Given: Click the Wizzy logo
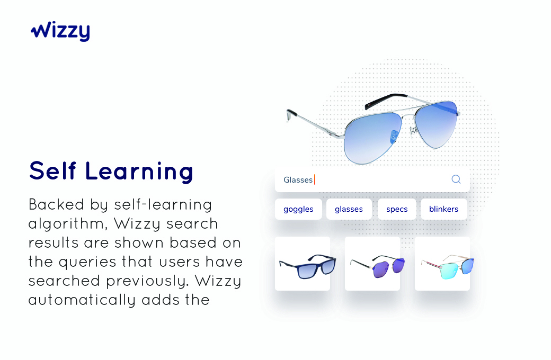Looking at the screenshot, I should (x=60, y=31).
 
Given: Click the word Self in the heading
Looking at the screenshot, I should (x=52, y=171).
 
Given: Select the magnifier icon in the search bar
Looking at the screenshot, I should (x=456, y=179).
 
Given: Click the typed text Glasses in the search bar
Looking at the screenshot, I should (x=298, y=180).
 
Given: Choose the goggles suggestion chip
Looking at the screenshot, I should (x=298, y=209).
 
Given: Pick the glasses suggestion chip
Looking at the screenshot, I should (x=349, y=209).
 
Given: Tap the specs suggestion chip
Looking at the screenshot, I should (x=397, y=209).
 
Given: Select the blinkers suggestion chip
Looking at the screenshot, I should (x=443, y=209).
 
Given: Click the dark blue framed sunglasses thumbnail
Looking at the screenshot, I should (x=303, y=264).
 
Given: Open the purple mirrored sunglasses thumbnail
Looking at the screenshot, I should (x=372, y=264).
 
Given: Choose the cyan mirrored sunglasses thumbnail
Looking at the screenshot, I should (x=442, y=264).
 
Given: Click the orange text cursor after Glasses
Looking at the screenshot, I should (x=315, y=180).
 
